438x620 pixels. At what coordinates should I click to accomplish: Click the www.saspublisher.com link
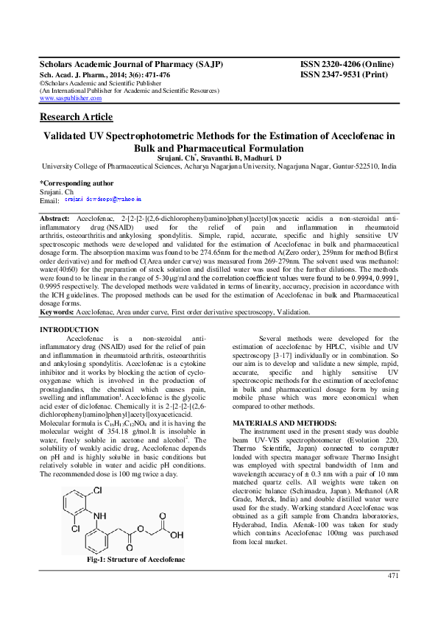[x=70, y=98]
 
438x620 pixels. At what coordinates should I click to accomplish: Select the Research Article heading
[x=76, y=117]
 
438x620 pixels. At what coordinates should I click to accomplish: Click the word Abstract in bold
[x=54, y=219]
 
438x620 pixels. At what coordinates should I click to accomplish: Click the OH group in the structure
[x=177, y=535]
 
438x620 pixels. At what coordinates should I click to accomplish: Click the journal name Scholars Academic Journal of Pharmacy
[x=131, y=65]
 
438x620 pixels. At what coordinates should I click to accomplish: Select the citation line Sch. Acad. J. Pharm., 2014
[x=105, y=75]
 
